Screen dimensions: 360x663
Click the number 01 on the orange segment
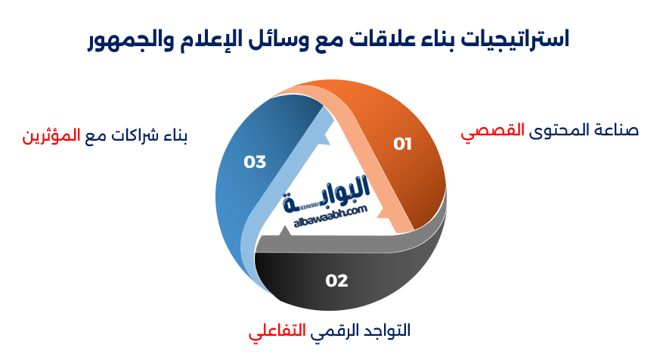coord(402,144)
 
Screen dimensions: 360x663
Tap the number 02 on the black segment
coord(336,281)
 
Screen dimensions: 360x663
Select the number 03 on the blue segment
coord(255,161)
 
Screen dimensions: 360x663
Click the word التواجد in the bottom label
coord(387,331)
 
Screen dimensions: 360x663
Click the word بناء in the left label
coord(176,137)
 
